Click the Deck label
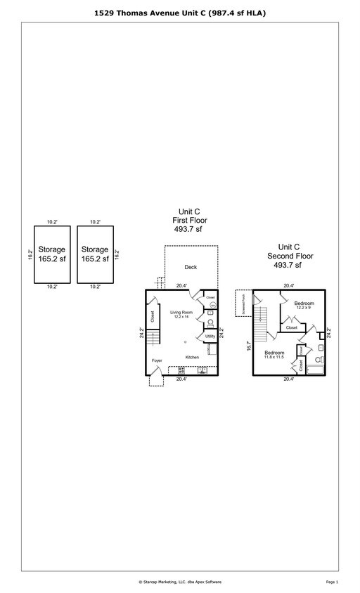click(x=190, y=267)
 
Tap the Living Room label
click(x=182, y=313)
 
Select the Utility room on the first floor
click(x=210, y=337)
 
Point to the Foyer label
click(x=157, y=360)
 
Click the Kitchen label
click(x=192, y=357)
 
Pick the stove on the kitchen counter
click(x=181, y=370)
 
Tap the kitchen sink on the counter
click(x=202, y=370)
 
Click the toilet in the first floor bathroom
click(x=210, y=323)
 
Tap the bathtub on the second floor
click(x=316, y=370)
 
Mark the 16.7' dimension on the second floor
click(x=249, y=346)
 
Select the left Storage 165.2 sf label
click(x=51, y=254)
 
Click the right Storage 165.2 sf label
click(x=94, y=254)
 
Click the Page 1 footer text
click(x=332, y=582)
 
